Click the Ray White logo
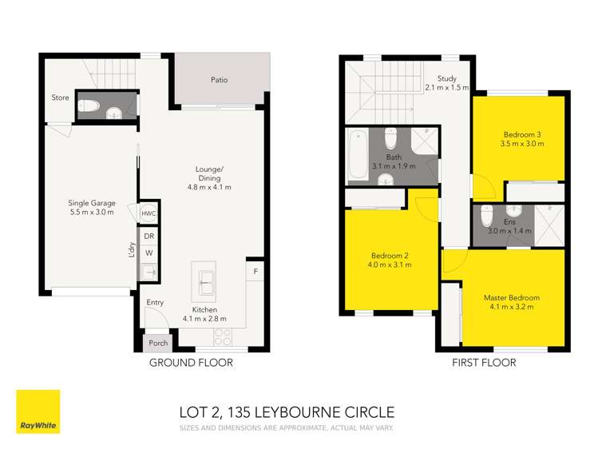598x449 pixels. tap(38, 411)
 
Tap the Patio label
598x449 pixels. tap(219, 80)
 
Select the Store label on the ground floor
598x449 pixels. tap(60, 98)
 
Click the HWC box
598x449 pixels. tap(149, 213)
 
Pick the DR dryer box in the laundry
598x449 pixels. tap(149, 236)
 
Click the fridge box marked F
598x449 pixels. tap(255, 272)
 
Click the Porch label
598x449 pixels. tap(158, 344)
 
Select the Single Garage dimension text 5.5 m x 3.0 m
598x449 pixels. tap(91, 213)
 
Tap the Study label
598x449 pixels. tap(446, 78)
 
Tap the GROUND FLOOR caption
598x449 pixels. tap(191, 363)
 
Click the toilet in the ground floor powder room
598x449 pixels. tap(92, 105)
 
